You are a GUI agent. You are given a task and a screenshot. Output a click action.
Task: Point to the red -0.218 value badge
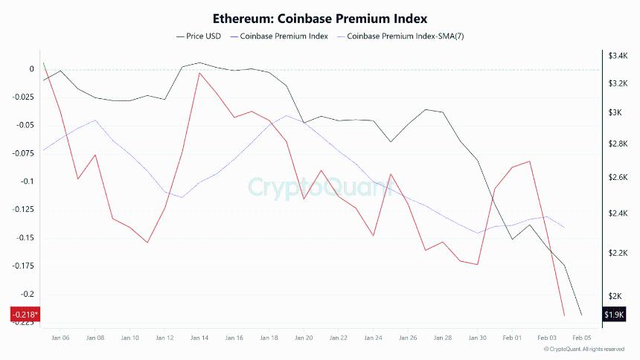[25, 315]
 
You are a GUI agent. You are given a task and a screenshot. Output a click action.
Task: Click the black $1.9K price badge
[614, 315]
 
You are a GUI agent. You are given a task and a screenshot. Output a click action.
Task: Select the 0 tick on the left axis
[31, 69]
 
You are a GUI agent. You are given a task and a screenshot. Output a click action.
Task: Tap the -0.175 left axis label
[22, 266]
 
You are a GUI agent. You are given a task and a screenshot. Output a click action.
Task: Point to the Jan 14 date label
[199, 338]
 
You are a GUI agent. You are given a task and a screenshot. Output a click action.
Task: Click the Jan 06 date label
[60, 338]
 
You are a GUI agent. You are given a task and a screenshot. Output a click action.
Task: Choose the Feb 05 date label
[581, 338]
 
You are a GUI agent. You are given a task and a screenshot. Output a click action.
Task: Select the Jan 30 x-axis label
[477, 338]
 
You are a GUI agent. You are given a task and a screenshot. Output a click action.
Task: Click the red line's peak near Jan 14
[199, 73]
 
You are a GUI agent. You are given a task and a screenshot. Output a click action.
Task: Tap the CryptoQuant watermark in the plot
[320, 187]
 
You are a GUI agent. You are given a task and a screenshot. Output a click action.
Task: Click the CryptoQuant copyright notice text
[584, 349]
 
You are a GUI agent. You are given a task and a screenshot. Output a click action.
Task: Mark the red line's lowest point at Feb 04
[564, 315]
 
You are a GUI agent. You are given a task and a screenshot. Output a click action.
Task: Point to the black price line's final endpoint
[581, 314]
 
